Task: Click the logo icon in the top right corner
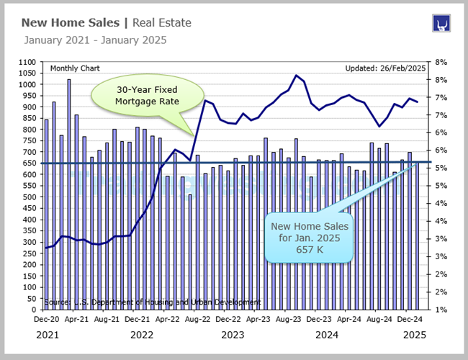point(441,24)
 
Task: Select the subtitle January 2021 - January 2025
point(95,40)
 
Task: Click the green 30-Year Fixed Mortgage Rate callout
point(147,95)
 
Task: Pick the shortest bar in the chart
point(190,252)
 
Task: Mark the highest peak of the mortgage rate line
point(296,75)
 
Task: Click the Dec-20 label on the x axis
point(47,318)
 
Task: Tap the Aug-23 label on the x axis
point(289,318)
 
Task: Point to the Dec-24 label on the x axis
point(410,318)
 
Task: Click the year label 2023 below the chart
point(233,335)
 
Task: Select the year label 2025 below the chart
point(415,335)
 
